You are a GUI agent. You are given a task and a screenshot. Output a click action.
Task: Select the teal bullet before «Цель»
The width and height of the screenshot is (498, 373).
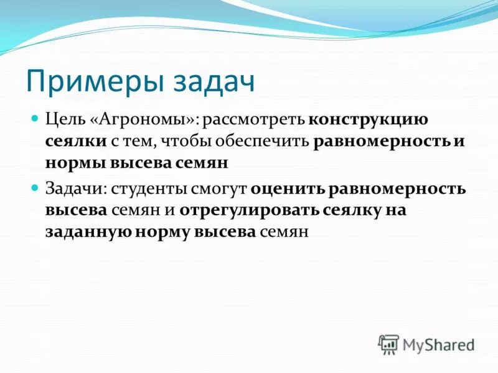(35, 117)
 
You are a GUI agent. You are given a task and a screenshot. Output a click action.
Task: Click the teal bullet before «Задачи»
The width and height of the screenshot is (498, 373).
(35, 186)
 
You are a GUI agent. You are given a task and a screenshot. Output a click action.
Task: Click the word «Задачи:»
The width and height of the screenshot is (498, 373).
(70, 187)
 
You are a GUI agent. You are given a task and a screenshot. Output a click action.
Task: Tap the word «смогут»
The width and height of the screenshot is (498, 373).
(218, 187)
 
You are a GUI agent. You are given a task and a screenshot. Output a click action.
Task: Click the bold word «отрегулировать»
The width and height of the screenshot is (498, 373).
(249, 210)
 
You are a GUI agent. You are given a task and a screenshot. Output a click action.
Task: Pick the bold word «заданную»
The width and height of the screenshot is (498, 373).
(88, 233)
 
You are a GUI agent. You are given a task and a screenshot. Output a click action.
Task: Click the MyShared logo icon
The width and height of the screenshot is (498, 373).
(388, 344)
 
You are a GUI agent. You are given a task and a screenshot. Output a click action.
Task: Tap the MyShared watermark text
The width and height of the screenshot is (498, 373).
(438, 344)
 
